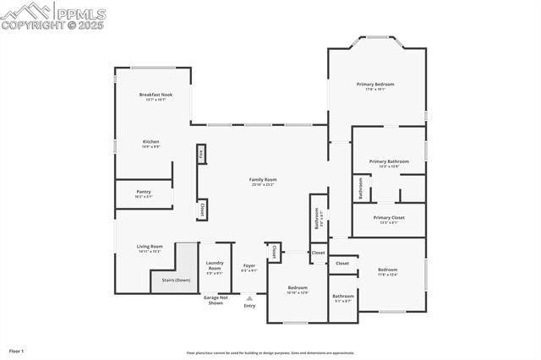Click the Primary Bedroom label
click(x=375, y=85)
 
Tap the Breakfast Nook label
click(x=155, y=95)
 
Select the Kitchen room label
click(x=150, y=142)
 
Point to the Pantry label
click(x=144, y=192)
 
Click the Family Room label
click(x=262, y=180)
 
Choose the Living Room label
click(x=150, y=247)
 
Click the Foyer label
click(x=249, y=266)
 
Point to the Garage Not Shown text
click(x=215, y=300)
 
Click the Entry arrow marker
click(x=249, y=297)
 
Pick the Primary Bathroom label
click(x=389, y=161)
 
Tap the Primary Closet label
click(x=389, y=218)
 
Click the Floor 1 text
click(x=17, y=351)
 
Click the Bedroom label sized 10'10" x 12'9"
click(x=298, y=288)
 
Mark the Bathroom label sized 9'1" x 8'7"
click(x=343, y=297)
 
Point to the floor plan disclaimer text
click(x=270, y=353)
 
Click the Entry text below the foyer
click(x=249, y=306)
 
